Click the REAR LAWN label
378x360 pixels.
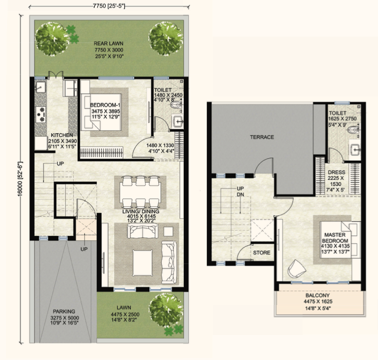109,43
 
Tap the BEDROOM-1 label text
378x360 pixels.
105,105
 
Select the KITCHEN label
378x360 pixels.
62,135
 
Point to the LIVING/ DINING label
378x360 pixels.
141,211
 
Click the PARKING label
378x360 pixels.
64,311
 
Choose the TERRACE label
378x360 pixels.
262,137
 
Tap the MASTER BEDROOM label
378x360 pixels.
335,237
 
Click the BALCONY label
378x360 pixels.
317,295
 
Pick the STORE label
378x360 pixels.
261,252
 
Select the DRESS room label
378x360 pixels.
336,172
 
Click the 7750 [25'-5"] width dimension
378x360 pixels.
109,6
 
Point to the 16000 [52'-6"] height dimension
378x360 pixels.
20,179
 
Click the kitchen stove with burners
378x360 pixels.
41,114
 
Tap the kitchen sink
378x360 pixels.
40,87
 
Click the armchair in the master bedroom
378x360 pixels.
296,269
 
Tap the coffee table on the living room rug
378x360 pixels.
143,262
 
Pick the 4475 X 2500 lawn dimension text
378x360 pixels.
125,314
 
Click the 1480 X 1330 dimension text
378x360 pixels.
160,145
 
